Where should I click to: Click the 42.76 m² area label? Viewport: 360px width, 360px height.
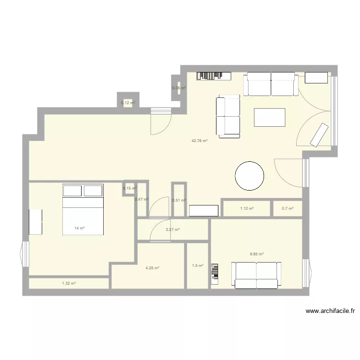coord(199,141)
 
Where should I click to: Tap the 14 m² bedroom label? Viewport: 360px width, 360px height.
coord(80,228)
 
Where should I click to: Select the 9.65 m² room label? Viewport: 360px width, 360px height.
coord(257,254)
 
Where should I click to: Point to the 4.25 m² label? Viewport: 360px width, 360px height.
coord(153,268)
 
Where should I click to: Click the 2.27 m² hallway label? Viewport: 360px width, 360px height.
coord(173,230)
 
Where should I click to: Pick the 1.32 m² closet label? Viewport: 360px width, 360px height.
coord(69,284)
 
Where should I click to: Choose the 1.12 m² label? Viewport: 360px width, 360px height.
coord(247,208)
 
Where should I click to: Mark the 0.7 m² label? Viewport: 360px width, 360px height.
coord(288,208)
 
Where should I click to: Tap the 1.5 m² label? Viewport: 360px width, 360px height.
coord(198,266)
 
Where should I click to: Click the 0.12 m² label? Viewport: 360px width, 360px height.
coord(128,103)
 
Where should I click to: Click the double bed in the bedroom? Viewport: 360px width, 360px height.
coord(83,209)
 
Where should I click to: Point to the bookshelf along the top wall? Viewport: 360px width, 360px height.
coord(214,75)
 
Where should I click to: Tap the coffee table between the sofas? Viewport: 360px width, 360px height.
coord(269,117)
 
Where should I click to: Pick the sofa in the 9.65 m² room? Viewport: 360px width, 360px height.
coord(257,275)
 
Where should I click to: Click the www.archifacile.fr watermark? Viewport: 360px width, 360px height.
coord(330,311)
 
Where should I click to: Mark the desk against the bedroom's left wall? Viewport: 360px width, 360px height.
coord(36,222)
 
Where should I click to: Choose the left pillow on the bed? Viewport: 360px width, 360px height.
coord(72,191)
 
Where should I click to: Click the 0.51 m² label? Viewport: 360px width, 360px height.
coord(179,201)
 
